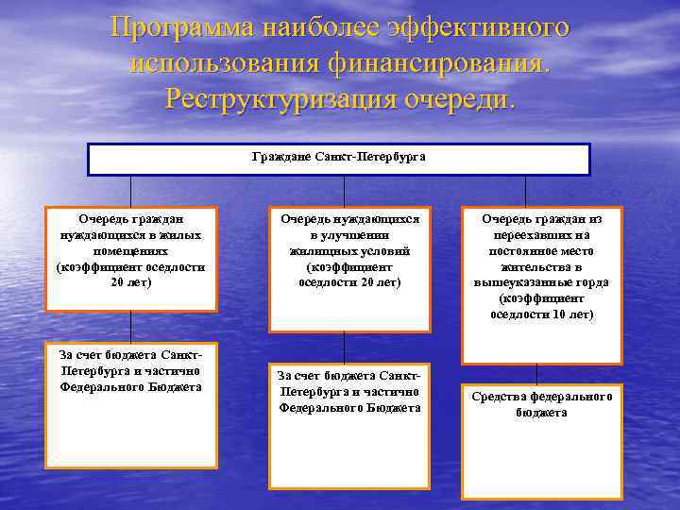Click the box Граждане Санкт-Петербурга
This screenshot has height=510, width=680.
(x=339, y=160)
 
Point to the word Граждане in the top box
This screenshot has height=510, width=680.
(x=281, y=156)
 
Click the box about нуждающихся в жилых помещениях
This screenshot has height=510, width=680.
(x=131, y=258)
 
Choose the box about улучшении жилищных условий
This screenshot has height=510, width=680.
(x=349, y=269)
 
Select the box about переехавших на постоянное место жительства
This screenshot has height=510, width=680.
(x=542, y=284)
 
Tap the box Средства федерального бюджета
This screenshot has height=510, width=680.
(x=542, y=440)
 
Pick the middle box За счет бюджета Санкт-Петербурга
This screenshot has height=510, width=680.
(x=349, y=426)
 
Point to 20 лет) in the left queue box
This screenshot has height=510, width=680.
(x=131, y=282)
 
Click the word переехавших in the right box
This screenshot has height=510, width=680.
(x=542, y=235)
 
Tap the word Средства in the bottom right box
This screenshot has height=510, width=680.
(x=500, y=397)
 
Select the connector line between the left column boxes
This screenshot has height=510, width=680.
(x=131, y=327)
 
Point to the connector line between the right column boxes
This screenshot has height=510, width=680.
(x=536, y=374)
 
